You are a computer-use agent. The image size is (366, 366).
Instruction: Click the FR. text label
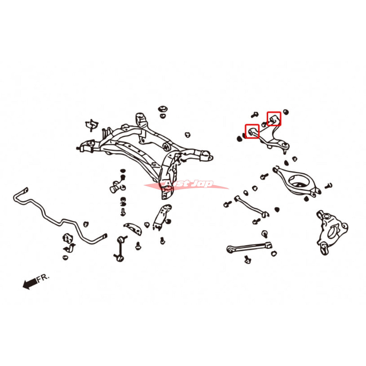pos(42,278)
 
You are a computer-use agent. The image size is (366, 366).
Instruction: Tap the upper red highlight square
pos(274,119)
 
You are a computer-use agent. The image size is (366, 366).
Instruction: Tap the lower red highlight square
pos(252,131)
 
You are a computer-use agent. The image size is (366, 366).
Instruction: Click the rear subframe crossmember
pos(146,150)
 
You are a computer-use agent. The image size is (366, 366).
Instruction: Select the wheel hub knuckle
pos(332,232)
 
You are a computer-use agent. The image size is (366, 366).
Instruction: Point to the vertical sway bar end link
pos(120,249)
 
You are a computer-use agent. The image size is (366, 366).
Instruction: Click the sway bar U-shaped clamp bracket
pos(70,247)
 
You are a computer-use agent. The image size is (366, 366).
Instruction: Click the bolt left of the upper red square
pos(254,115)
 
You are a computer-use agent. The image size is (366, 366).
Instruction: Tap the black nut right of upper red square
pos(286,112)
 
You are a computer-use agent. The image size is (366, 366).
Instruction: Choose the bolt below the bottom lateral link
pos(247,260)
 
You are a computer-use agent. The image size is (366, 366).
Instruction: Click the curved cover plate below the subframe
pos(133,228)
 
